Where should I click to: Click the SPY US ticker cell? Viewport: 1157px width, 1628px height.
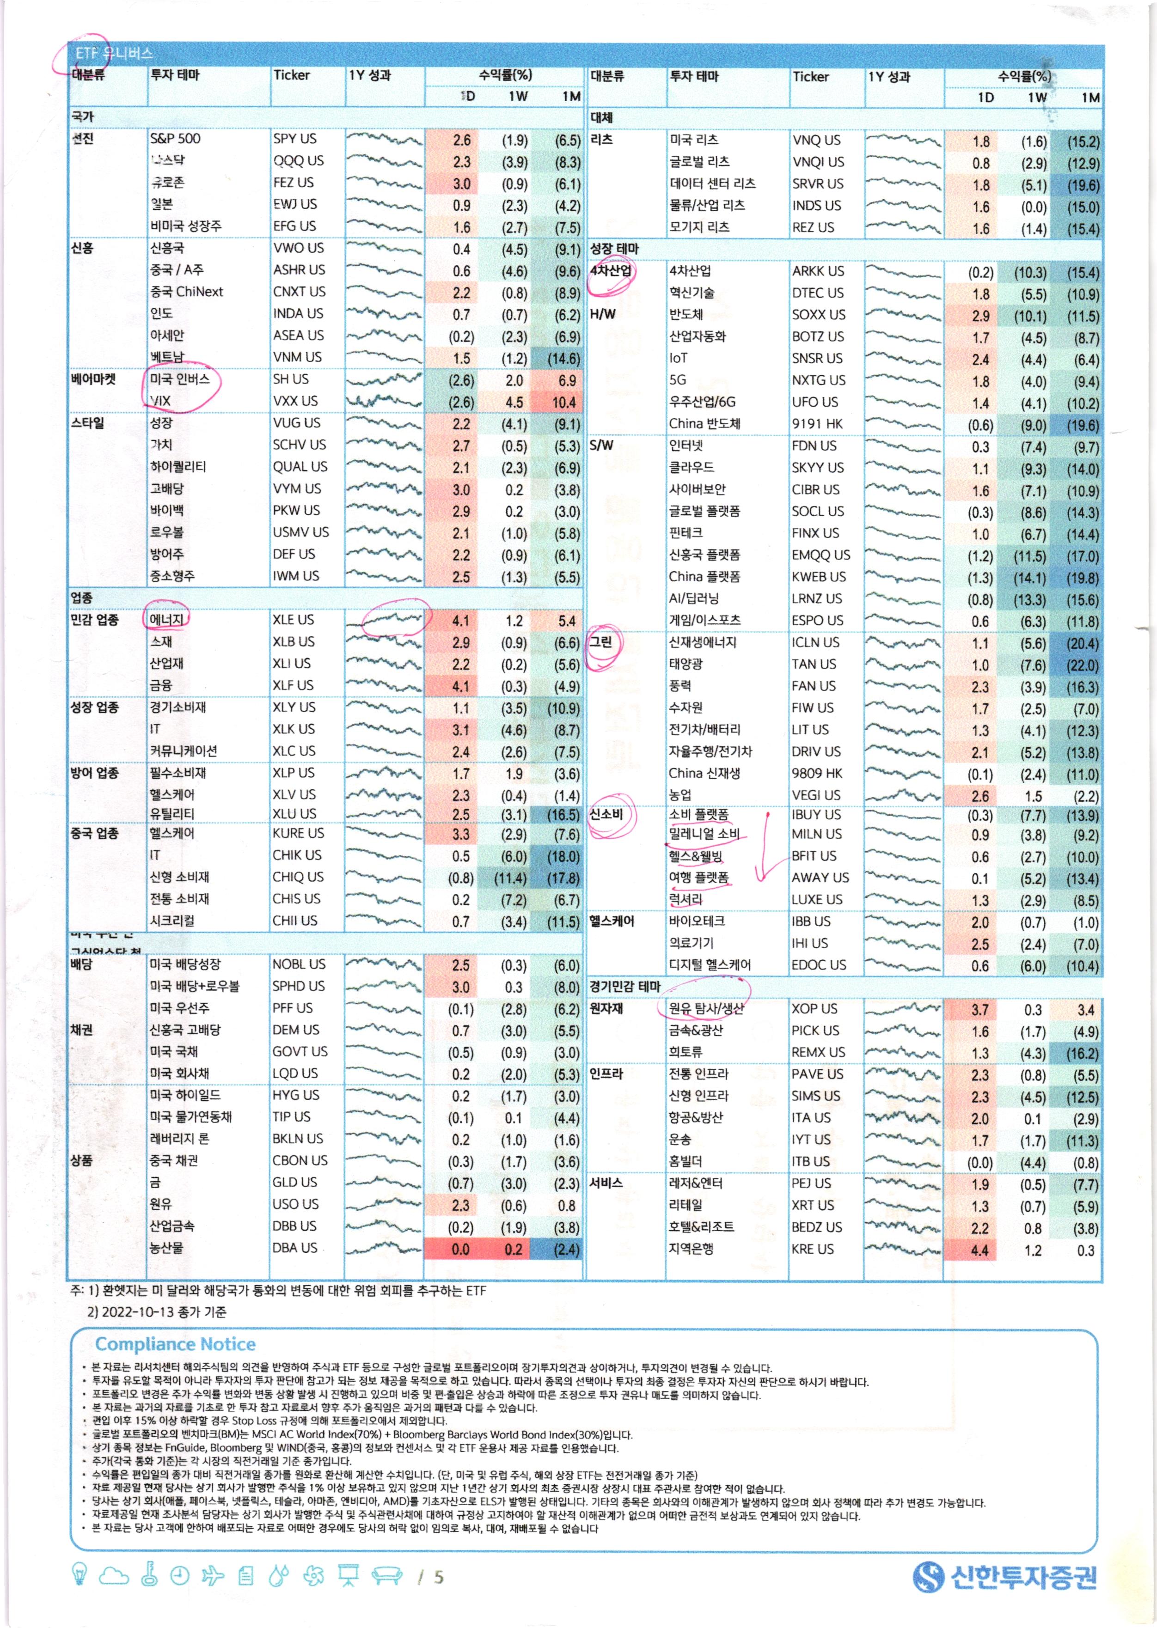click(294, 139)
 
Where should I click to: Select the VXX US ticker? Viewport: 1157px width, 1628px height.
click(295, 401)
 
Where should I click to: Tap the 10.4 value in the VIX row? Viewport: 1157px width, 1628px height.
click(563, 402)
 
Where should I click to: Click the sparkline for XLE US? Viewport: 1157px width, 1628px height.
click(385, 620)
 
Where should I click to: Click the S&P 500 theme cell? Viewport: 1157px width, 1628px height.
click(175, 139)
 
